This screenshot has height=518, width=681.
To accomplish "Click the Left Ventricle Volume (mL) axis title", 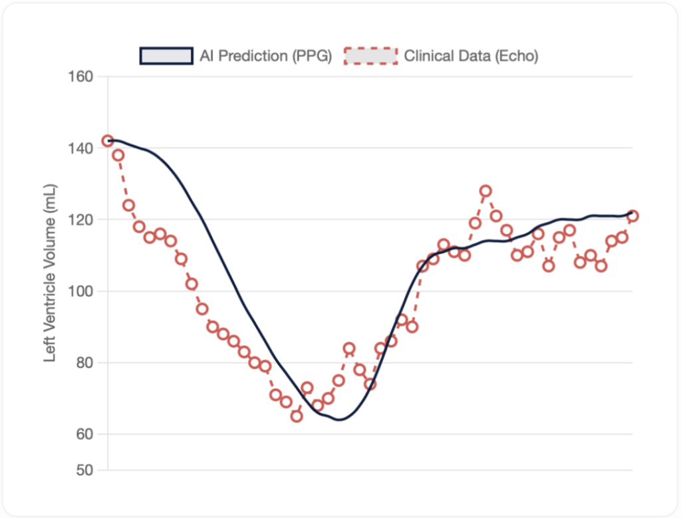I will (50, 273).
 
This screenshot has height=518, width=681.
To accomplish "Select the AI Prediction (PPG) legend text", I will (265, 56).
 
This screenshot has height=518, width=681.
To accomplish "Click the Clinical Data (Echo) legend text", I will (471, 56).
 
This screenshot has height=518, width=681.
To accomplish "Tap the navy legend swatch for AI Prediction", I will (166, 56).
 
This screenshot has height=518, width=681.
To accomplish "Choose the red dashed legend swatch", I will (370, 56).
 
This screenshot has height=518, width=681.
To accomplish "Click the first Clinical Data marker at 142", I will (108, 141).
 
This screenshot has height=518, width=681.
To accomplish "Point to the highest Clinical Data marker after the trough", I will (485, 191).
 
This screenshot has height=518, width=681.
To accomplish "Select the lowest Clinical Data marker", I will (297, 416).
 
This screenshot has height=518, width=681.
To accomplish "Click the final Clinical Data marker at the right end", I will (632, 216).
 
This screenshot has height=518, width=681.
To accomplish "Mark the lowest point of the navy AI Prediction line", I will (339, 420).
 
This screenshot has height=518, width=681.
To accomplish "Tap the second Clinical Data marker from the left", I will (118, 155).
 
